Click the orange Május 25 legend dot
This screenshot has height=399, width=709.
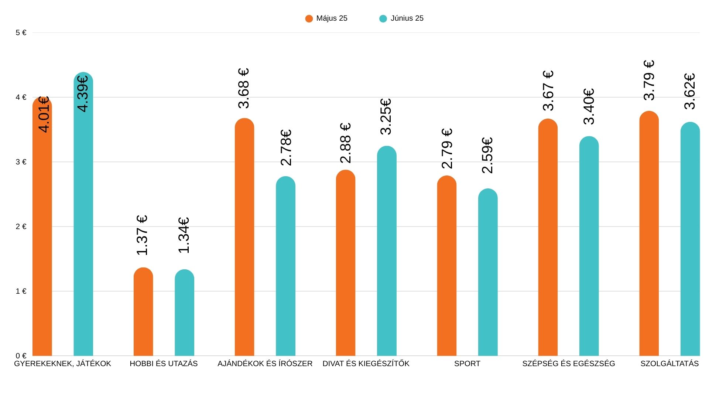tap(309, 18)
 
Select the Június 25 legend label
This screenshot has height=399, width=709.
tap(407, 18)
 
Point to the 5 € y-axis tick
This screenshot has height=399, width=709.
tap(21, 33)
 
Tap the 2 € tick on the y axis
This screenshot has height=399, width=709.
tap(21, 226)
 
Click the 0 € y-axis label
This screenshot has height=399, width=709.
tap(21, 356)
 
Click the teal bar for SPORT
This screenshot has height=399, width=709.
tap(488, 273)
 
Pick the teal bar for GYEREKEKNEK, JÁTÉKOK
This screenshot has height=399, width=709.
tap(83, 222)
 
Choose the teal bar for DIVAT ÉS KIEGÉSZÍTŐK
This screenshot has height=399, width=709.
tap(387, 251)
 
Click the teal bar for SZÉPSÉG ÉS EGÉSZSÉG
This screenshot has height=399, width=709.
tap(589, 248)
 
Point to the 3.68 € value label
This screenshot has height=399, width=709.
tap(244, 88)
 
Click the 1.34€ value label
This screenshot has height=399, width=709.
tap(184, 235)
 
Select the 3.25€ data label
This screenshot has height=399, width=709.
tap(386, 117)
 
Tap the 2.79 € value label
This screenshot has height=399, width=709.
tap(447, 149)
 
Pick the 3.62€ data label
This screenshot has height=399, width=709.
tap(690, 91)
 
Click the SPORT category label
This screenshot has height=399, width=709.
tap(467, 364)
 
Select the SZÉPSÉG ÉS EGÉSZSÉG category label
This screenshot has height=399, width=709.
tap(569, 364)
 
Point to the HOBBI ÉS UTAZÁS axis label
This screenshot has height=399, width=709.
tap(164, 364)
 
